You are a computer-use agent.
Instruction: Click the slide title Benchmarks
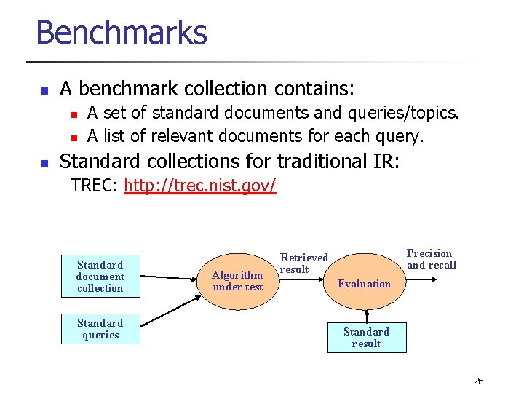(122, 33)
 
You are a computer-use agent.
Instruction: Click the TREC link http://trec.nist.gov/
(200, 186)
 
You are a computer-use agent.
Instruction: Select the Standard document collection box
(100, 277)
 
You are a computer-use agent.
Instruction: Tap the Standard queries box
(100, 329)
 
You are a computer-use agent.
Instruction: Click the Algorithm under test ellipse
(237, 281)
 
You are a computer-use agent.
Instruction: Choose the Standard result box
(367, 338)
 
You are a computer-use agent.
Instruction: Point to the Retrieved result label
(304, 263)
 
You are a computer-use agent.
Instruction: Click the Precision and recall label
(432, 259)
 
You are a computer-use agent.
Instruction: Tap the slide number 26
(478, 381)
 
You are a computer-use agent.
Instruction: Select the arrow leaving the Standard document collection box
(167, 277)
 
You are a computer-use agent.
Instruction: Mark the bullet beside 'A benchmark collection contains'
(43, 91)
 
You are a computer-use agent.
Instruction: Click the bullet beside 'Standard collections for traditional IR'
(43, 162)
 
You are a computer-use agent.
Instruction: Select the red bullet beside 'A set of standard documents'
(73, 114)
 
